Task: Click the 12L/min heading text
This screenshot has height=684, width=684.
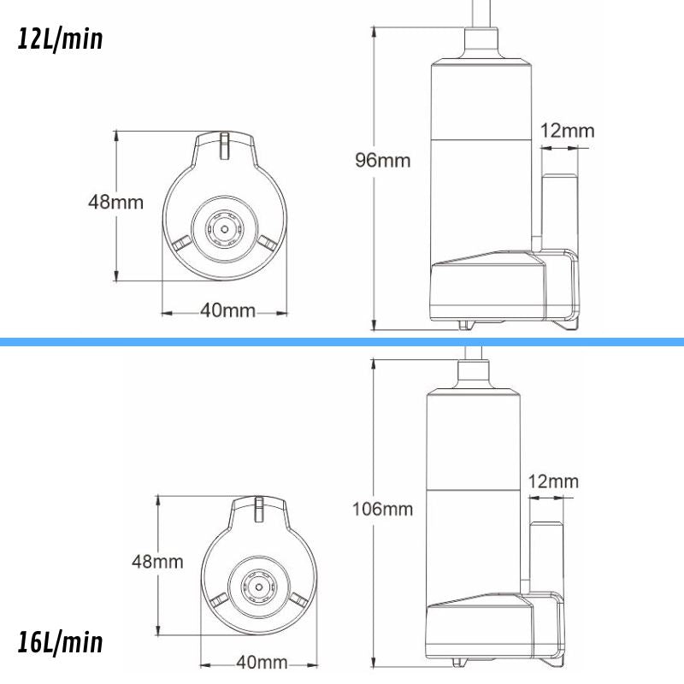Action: [60, 38]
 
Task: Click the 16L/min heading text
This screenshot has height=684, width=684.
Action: [60, 642]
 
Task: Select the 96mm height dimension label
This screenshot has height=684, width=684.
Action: [382, 160]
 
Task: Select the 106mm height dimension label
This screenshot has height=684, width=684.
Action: [382, 510]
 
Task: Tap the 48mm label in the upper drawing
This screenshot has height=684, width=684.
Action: [115, 203]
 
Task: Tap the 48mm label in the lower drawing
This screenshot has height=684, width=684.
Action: [156, 562]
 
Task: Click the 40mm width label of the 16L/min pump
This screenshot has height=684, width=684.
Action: [261, 663]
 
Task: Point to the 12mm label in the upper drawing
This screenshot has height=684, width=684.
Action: [567, 131]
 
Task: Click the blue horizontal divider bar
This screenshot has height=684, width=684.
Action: [342, 342]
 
